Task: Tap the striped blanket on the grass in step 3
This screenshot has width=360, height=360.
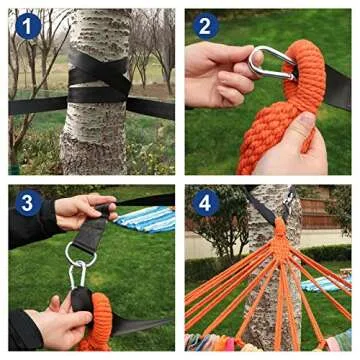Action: (145, 218)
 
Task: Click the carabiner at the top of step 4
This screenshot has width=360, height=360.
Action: (286, 205)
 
